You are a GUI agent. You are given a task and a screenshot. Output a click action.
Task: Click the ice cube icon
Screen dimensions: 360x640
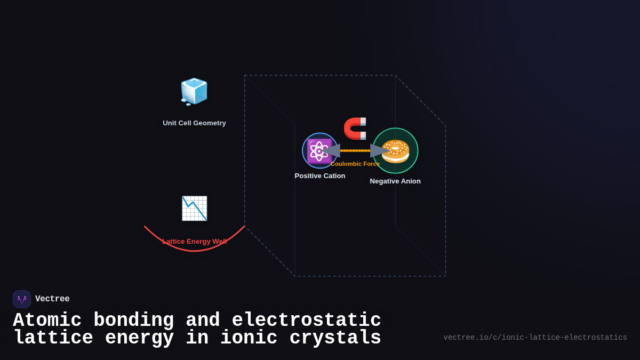(x=194, y=91)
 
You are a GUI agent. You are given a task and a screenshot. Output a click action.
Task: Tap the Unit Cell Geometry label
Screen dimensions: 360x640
(x=194, y=123)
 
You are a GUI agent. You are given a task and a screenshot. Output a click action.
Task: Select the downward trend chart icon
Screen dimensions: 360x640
(x=194, y=208)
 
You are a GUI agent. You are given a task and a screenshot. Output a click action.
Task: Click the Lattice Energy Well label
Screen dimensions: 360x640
(x=194, y=242)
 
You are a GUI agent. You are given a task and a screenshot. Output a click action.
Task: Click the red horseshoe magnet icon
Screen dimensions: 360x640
(x=355, y=129)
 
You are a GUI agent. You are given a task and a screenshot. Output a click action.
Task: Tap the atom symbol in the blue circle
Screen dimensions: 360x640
(x=319, y=150)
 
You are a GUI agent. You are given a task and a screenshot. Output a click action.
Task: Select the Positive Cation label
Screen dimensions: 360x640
(x=320, y=176)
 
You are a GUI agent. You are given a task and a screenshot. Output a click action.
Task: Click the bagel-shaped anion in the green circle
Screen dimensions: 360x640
(x=395, y=151)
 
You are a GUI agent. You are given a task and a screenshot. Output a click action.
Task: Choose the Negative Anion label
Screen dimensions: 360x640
(x=395, y=181)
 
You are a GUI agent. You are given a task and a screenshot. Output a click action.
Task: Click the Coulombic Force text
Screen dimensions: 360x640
(x=355, y=164)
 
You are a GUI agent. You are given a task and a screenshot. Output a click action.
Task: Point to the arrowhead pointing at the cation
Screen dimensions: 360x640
(x=330, y=150)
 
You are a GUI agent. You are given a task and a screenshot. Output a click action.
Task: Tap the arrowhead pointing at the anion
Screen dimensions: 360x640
(x=379, y=150)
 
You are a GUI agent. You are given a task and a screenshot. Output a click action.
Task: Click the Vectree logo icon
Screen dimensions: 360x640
(x=22, y=299)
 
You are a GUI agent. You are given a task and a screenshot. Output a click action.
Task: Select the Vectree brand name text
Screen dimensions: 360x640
(x=52, y=299)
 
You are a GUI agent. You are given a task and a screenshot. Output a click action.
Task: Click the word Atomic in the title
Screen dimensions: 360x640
(x=47, y=321)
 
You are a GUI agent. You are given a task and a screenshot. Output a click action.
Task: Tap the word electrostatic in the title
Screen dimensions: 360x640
(x=306, y=321)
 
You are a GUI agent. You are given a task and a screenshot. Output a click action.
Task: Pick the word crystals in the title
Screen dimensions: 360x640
(x=335, y=338)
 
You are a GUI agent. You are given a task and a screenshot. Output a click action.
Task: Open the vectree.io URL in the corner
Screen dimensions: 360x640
(x=535, y=338)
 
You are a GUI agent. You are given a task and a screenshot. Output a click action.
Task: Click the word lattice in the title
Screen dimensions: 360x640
(x=53, y=338)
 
